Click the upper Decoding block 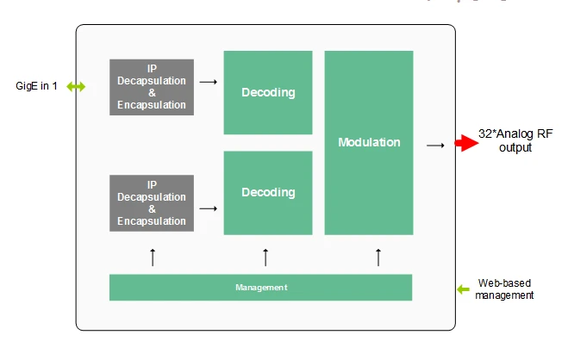click(268, 93)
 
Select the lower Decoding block click(268, 193)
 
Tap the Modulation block click(369, 143)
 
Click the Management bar click(261, 288)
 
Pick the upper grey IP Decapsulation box click(152, 87)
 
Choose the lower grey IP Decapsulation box click(152, 203)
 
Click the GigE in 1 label click(36, 86)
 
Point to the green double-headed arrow click(76, 86)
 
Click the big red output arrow click(466, 143)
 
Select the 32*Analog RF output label click(515, 140)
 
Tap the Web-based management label click(504, 289)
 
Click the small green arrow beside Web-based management click(463, 289)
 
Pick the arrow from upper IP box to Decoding click(209, 82)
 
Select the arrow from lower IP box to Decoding click(209, 208)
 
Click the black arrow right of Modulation click(435, 146)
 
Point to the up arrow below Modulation click(378, 258)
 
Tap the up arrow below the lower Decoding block click(265, 258)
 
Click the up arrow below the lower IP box click(153, 258)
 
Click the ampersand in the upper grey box click(153, 93)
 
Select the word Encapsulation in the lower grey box click(152, 221)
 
